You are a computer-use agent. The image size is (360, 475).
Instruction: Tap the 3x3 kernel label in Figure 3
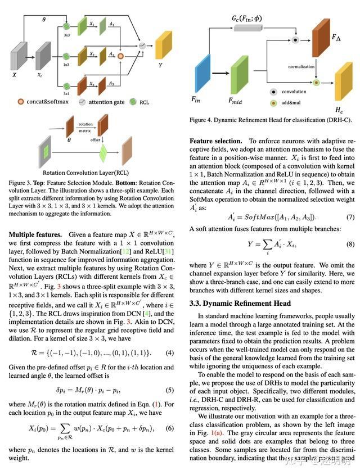(66, 35)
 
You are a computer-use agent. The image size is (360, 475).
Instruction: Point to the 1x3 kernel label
(66, 65)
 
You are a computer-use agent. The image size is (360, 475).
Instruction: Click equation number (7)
(350, 217)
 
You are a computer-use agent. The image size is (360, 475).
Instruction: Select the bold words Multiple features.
(35, 233)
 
